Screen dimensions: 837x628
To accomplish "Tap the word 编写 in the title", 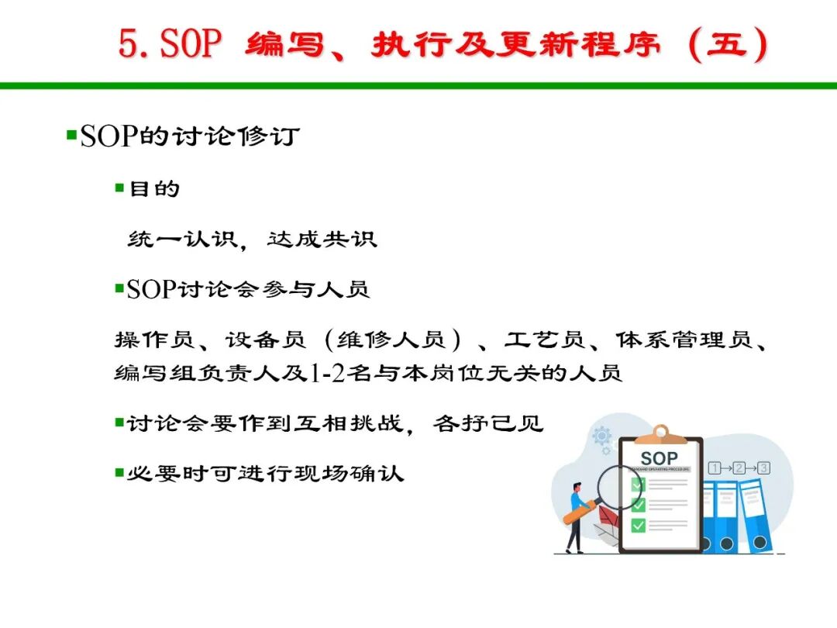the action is [x=285, y=43].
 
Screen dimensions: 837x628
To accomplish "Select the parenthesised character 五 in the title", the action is [x=726, y=43].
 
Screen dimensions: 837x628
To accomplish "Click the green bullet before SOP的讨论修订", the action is [x=71, y=134].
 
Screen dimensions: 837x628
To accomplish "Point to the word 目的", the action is [x=154, y=188].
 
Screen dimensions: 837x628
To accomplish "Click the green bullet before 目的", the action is [x=119, y=188].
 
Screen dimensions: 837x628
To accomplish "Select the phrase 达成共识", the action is [x=322, y=239].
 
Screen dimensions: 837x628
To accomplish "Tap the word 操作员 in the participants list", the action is [x=154, y=340].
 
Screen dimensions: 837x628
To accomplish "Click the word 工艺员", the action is [x=545, y=340].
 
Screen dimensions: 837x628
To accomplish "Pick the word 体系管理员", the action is [x=684, y=340].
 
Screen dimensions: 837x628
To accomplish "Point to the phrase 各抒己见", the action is [x=488, y=423].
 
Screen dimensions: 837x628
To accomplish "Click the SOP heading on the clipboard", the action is [x=659, y=458].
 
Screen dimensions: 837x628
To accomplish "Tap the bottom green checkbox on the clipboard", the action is [x=639, y=526].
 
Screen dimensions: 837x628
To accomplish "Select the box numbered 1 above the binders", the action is [x=715, y=468].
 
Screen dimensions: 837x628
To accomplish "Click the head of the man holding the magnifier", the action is [x=577, y=488].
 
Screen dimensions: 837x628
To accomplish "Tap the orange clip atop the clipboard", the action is [x=661, y=435].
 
